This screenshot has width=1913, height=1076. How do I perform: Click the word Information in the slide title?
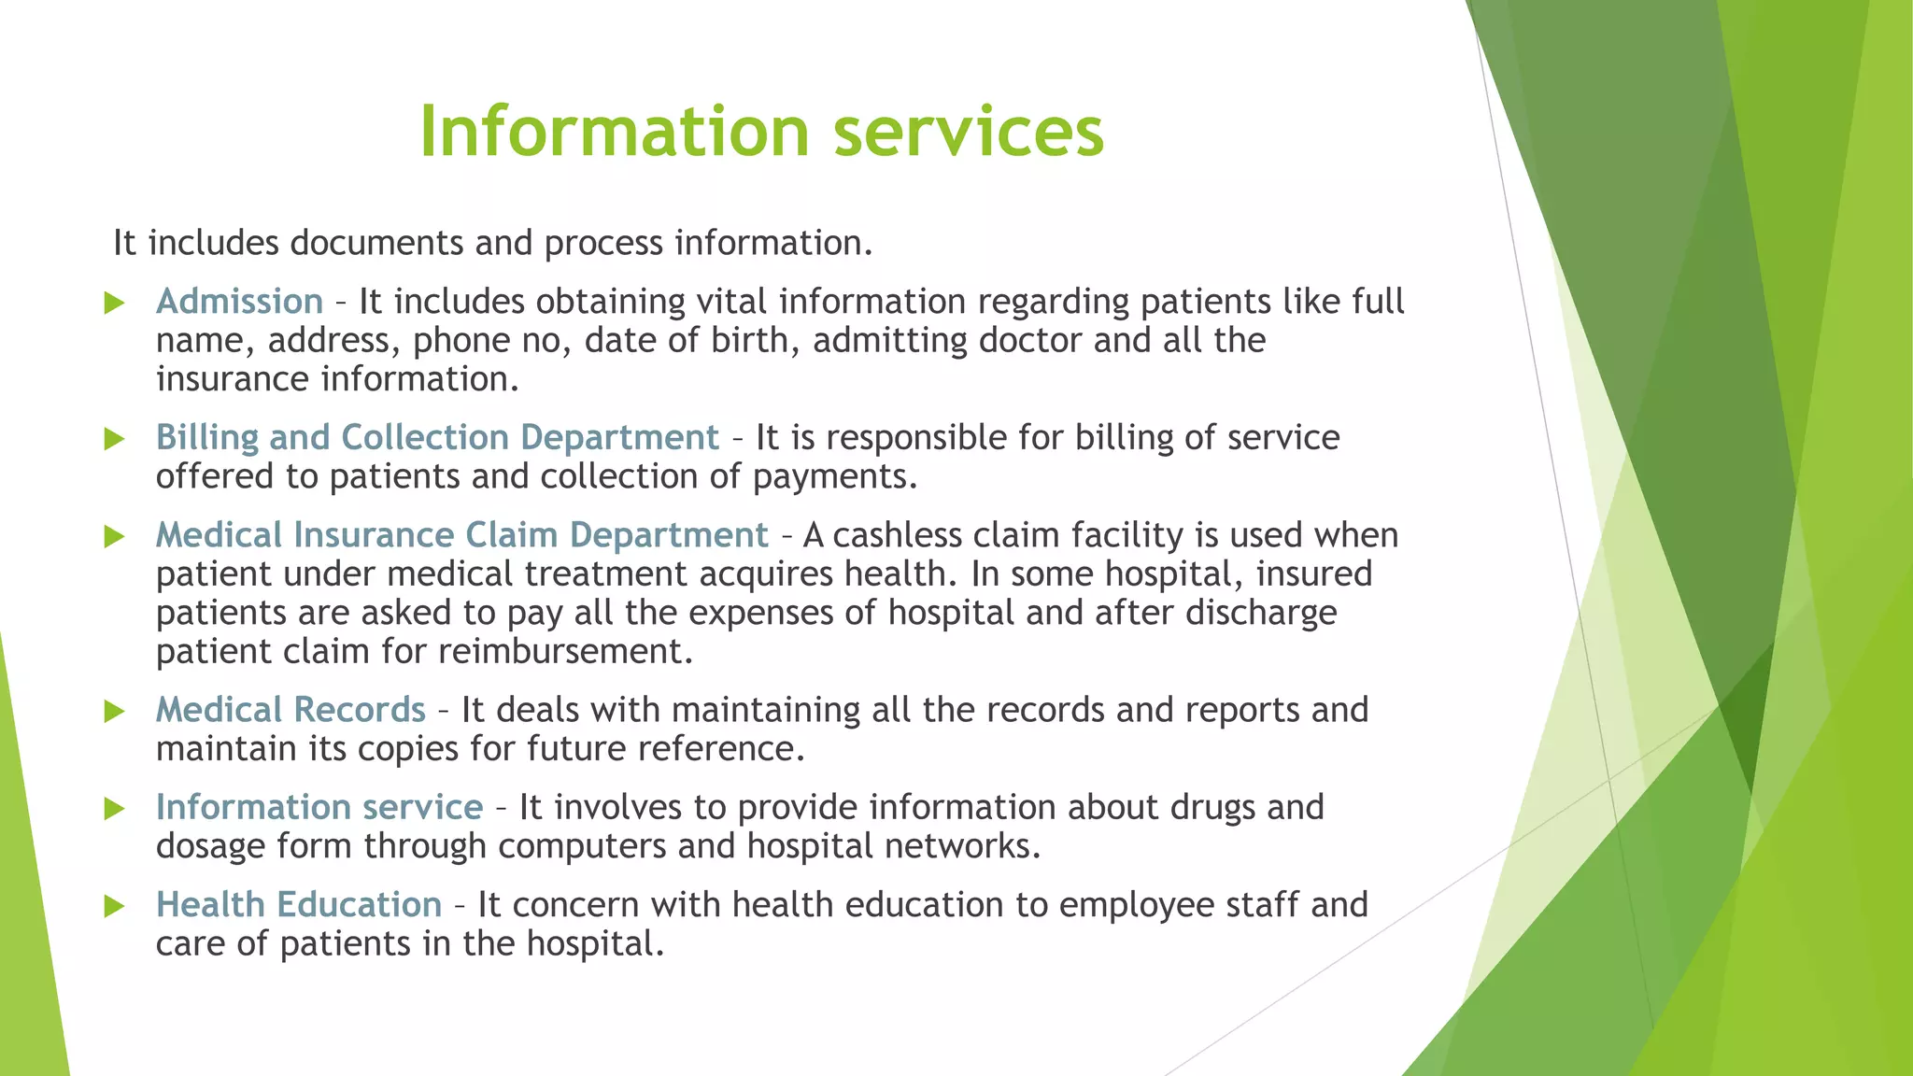click(x=614, y=131)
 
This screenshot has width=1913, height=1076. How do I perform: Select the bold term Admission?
click(x=239, y=302)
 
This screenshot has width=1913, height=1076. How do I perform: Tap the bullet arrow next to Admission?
click(x=114, y=303)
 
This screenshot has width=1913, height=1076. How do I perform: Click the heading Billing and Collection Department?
click(x=437, y=437)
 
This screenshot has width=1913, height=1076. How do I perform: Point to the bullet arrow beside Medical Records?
click(x=114, y=711)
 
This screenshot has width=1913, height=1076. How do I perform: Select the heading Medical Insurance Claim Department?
click(x=461, y=535)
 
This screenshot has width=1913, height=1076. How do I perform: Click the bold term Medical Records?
click(x=290, y=710)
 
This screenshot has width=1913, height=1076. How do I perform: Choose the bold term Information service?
click(x=319, y=807)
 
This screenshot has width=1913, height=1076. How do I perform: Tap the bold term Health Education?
click(x=298, y=904)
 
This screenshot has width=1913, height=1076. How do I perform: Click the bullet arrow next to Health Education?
click(x=114, y=906)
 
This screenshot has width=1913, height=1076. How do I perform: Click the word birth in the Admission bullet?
click(x=754, y=340)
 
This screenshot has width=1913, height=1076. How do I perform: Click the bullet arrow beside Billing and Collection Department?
click(x=114, y=439)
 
